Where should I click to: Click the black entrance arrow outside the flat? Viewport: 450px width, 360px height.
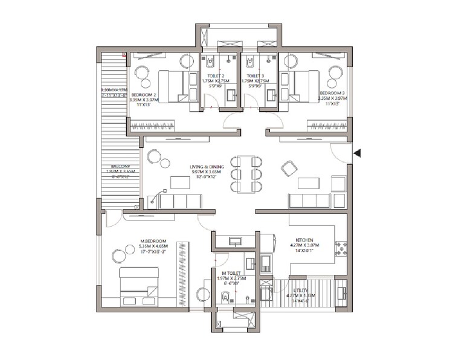[358, 153]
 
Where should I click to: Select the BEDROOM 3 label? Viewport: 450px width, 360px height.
[333, 94]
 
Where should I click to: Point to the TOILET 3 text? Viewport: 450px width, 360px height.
[256, 76]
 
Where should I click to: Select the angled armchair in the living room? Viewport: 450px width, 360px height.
[289, 168]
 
